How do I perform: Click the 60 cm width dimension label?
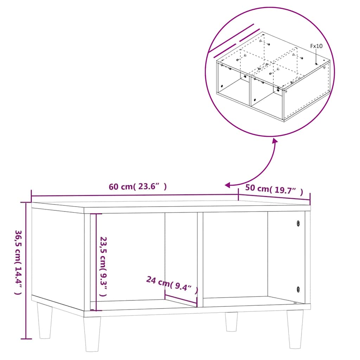click(x=138, y=187)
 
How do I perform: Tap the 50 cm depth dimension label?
click(x=274, y=189)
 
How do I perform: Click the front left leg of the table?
click(x=92, y=334)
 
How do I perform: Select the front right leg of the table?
click(x=295, y=329)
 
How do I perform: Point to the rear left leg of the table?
click(x=45, y=321)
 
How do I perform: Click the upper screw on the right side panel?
click(x=298, y=223)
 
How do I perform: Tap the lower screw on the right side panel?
click(x=298, y=289)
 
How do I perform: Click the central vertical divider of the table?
click(x=200, y=259)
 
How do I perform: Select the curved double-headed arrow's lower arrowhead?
click(x=228, y=185)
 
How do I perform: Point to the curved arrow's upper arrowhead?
click(x=274, y=141)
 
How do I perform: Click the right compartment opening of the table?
click(x=236, y=255)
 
